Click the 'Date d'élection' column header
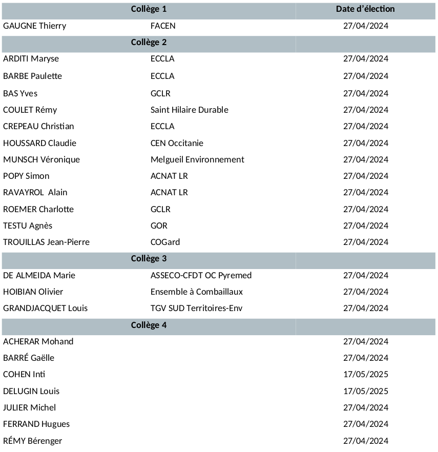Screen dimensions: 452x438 (365, 9)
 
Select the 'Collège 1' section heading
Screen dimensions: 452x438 (149, 9)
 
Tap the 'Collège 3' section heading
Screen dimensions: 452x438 (149, 259)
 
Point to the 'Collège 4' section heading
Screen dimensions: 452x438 (149, 325)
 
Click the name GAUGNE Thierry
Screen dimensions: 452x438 (34, 26)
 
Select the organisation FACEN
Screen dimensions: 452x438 (163, 26)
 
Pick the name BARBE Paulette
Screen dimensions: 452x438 (32, 76)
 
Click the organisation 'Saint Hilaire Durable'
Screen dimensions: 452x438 (189, 110)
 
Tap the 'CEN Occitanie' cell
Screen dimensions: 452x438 (177, 143)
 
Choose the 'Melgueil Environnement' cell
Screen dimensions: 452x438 (197, 159)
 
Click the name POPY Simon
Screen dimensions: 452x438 (26, 176)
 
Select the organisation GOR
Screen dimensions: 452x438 (159, 225)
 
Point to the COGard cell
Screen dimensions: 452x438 (165, 242)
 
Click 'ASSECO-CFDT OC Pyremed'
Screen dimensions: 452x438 (201, 275)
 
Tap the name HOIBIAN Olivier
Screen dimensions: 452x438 (33, 292)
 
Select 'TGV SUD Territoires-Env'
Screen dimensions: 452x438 (196, 308)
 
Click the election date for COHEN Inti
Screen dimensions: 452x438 (365, 374)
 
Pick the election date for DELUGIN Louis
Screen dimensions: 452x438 (365, 391)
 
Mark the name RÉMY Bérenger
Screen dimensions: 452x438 (32, 441)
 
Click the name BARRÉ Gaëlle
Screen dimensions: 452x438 (29, 358)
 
